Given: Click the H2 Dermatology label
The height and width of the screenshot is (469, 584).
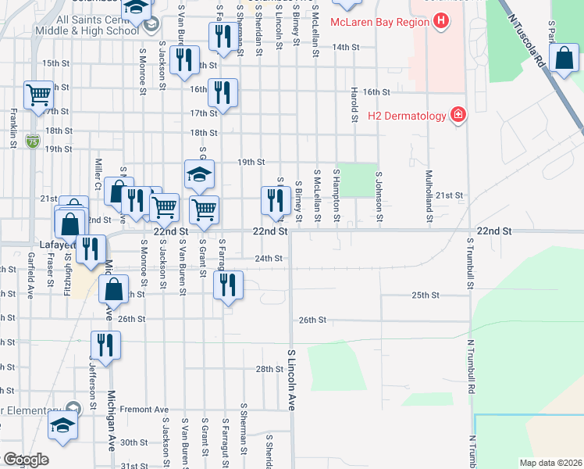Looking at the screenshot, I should click(407, 116).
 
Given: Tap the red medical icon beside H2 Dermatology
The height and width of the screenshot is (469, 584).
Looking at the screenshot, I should click(458, 116).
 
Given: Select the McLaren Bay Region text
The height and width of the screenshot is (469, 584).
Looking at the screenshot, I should click(379, 22).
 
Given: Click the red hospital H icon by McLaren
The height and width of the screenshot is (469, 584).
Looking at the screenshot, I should click(442, 21).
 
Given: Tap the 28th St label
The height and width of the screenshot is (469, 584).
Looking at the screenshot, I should click(269, 369).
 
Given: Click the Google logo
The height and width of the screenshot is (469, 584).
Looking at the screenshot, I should click(27, 459).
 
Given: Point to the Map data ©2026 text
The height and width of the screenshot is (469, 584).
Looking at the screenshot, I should click(550, 463).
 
